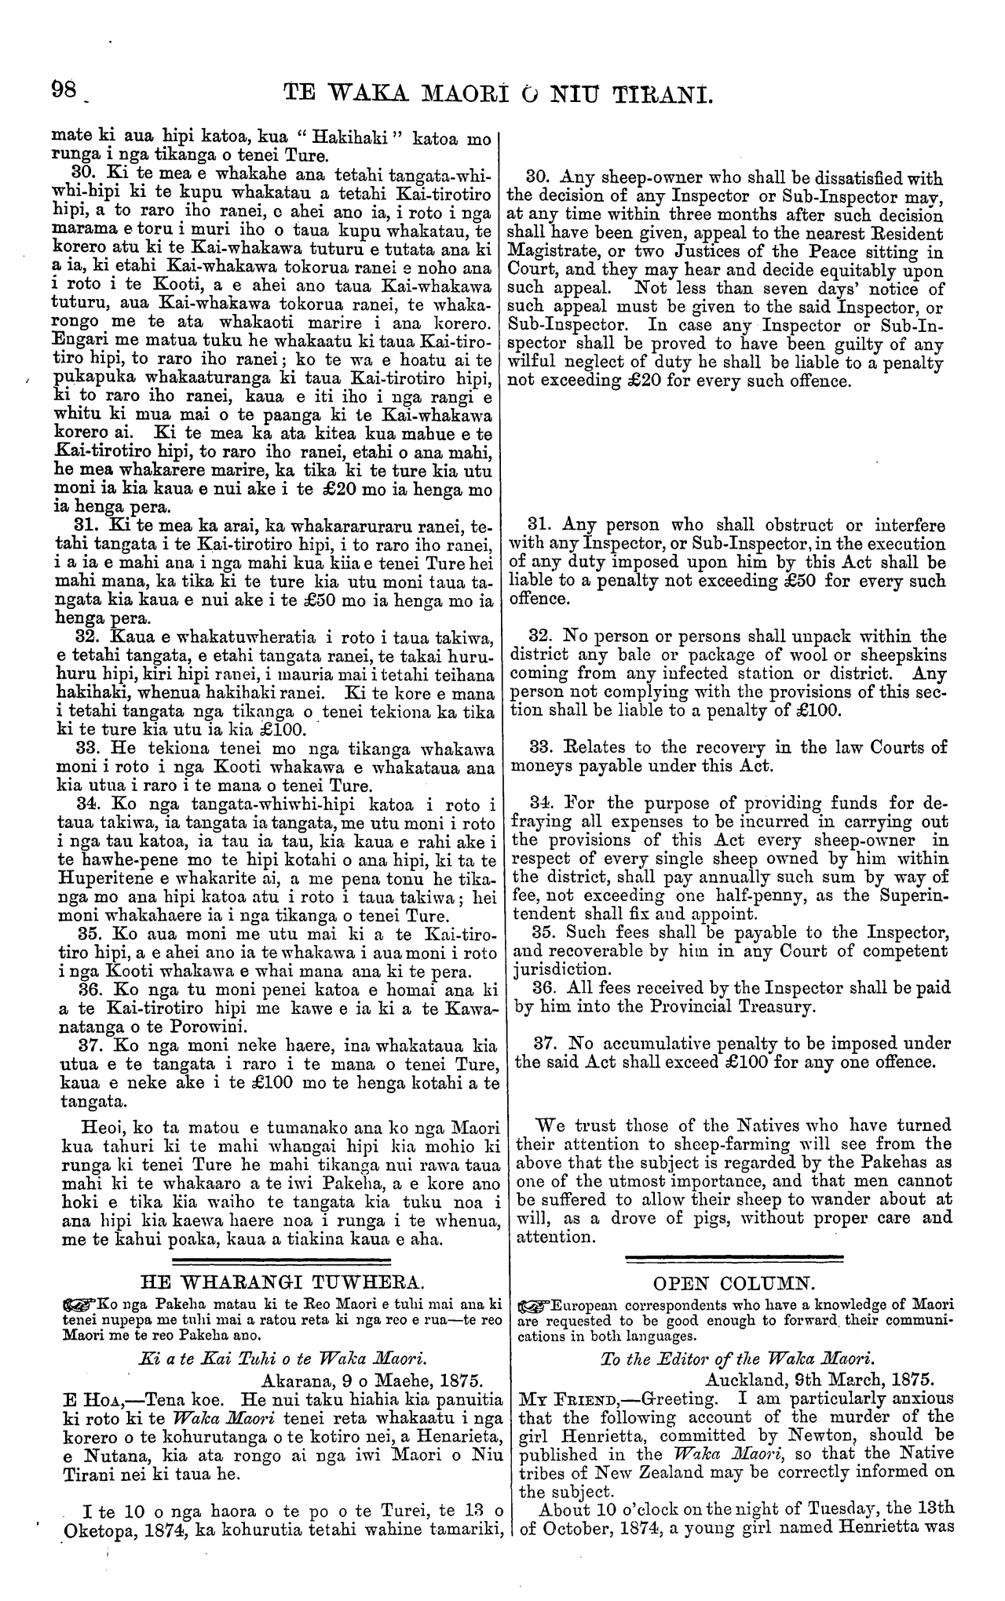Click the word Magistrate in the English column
(553, 251)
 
